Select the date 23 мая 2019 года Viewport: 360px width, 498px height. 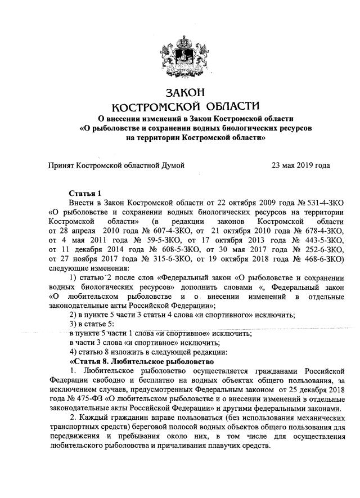[x=300, y=165]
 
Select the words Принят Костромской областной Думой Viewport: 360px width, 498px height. [x=116, y=165]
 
